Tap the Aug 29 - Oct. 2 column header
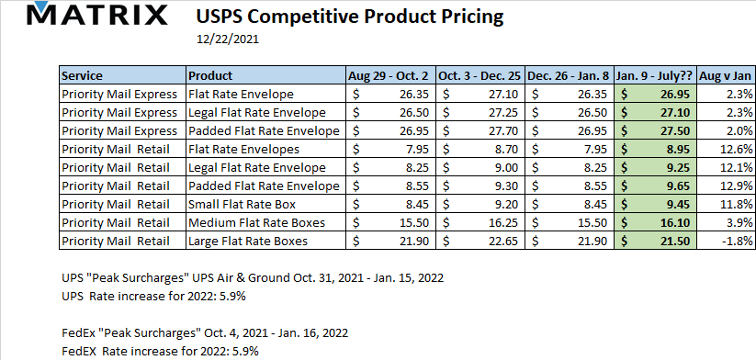point(389,75)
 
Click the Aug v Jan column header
point(726,75)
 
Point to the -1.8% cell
point(726,241)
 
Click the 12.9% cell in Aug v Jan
point(726,186)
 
